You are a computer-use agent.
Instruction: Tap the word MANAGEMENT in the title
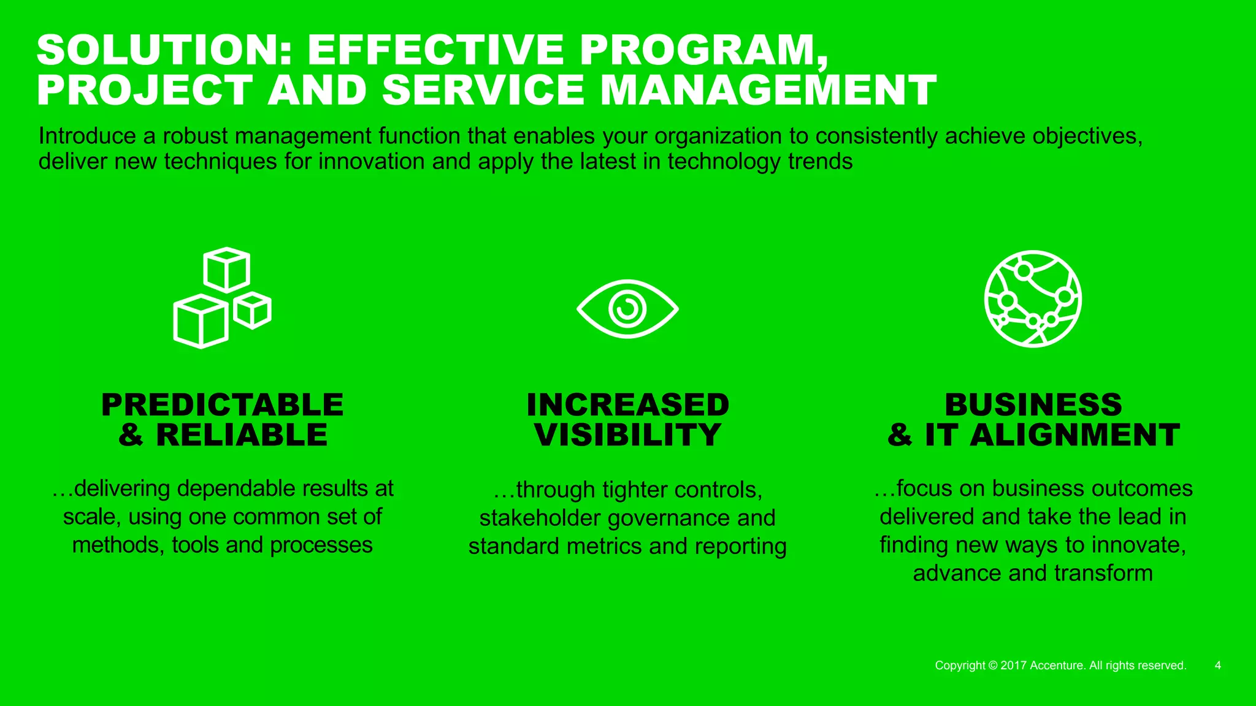click(768, 90)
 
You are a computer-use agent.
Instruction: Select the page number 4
click(1217, 666)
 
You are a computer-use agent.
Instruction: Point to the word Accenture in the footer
click(1057, 666)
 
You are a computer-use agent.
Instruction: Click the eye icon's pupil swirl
click(627, 308)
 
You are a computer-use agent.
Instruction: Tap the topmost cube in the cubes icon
click(226, 269)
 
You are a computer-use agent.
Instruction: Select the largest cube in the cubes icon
click(201, 321)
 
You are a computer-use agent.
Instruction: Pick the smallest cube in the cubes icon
click(252, 310)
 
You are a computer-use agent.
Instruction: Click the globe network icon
click(1033, 298)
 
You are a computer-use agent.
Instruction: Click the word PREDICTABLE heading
click(223, 405)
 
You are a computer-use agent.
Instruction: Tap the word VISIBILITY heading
click(627, 435)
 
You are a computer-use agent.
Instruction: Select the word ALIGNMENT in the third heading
click(1074, 435)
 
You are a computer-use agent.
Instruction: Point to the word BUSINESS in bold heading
click(1033, 405)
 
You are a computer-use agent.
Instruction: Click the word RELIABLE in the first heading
click(242, 435)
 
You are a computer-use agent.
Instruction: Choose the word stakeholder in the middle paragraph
click(540, 518)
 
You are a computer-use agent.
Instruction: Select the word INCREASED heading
click(627, 405)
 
